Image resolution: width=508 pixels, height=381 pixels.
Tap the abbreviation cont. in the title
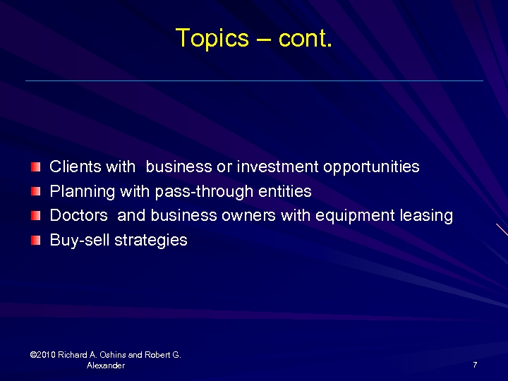coord(305,38)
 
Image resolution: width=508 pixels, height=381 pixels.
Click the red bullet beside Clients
coord(36,167)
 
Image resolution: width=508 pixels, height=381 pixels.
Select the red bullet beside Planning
coord(36,191)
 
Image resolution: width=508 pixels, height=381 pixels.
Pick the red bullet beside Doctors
coord(36,216)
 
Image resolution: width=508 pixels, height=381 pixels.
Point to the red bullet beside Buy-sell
coord(36,241)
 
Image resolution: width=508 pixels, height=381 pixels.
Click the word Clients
coord(75,167)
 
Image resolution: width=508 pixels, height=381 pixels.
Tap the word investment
coord(278,167)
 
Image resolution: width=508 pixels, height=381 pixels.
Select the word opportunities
coord(371,168)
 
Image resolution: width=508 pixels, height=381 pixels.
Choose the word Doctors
coord(78,216)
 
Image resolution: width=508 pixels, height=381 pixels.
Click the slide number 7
coord(476,365)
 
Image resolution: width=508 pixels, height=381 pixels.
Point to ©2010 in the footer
coord(44,355)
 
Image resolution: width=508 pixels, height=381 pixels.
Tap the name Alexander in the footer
coord(106,365)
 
